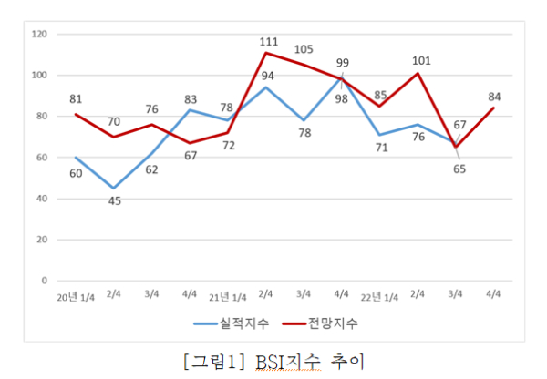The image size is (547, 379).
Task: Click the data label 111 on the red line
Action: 268,41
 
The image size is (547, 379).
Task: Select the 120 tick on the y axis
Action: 39,34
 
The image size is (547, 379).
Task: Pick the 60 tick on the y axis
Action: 42,158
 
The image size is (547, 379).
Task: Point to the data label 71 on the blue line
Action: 381,148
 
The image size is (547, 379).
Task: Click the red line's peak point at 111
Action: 267,53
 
